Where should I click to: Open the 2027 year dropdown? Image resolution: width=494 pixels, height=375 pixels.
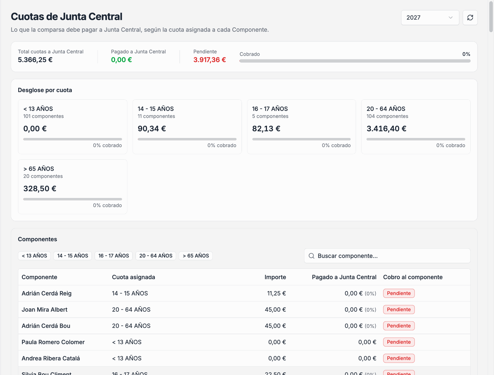430,18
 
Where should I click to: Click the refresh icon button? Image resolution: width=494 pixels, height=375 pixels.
470,18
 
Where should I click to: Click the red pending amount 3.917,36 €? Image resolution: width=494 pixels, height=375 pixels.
210,60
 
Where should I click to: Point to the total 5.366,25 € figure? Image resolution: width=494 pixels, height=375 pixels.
35,60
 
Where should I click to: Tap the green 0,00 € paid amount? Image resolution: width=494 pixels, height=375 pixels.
121,60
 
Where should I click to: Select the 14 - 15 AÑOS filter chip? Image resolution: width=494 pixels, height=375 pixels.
73,256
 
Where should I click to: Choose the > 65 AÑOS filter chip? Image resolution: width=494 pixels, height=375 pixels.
196,256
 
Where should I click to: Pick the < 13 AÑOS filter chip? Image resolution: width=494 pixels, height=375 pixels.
34,256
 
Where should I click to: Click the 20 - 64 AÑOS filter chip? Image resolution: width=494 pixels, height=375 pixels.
156,256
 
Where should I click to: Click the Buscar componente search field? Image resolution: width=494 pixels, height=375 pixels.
387,256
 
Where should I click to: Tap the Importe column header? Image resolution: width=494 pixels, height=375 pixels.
275,277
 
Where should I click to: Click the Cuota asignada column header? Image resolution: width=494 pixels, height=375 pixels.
133,277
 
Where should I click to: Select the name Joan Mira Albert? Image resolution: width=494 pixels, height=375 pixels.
44,310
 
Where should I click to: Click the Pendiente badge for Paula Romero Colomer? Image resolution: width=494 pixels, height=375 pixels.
399,342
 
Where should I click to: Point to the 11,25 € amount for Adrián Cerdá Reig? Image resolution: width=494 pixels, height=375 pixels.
276,293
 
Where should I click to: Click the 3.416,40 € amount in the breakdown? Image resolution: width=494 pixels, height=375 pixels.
386,128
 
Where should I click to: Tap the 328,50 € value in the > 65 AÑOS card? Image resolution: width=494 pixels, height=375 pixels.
40,188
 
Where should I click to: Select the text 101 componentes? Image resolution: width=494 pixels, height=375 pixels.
43,116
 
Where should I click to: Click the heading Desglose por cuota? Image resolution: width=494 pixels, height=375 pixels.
45,90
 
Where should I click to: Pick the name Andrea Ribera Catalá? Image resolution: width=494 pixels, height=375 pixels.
51,358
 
